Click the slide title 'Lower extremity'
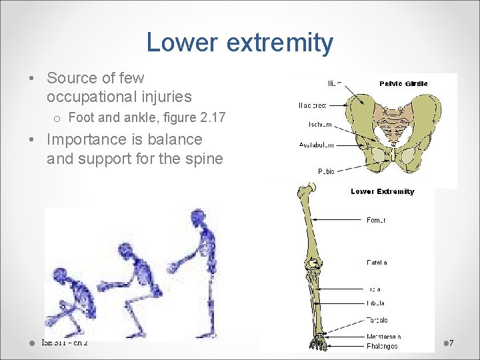click(239, 43)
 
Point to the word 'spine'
click(203, 159)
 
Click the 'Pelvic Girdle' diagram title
click(403, 83)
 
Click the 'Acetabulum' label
click(316, 145)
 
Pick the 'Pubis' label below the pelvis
click(326, 171)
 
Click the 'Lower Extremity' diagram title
click(382, 191)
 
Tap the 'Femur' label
click(376, 219)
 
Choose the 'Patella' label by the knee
click(377, 263)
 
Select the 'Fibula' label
click(376, 303)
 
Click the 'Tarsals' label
click(377, 320)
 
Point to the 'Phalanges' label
click(382, 346)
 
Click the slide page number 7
click(451, 343)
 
